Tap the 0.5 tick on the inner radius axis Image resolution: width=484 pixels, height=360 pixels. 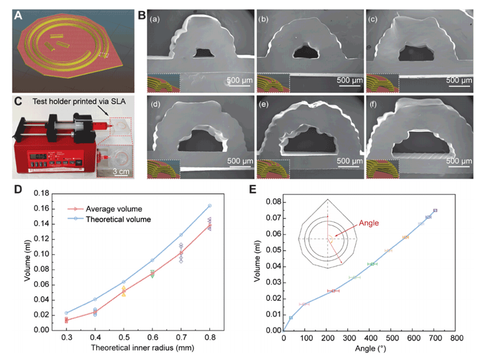tap(123, 337)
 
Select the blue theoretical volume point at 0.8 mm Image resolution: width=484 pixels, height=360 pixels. tap(209, 205)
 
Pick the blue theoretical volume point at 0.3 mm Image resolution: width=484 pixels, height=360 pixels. tap(66, 313)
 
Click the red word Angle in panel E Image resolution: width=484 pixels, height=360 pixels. tap(369, 223)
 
